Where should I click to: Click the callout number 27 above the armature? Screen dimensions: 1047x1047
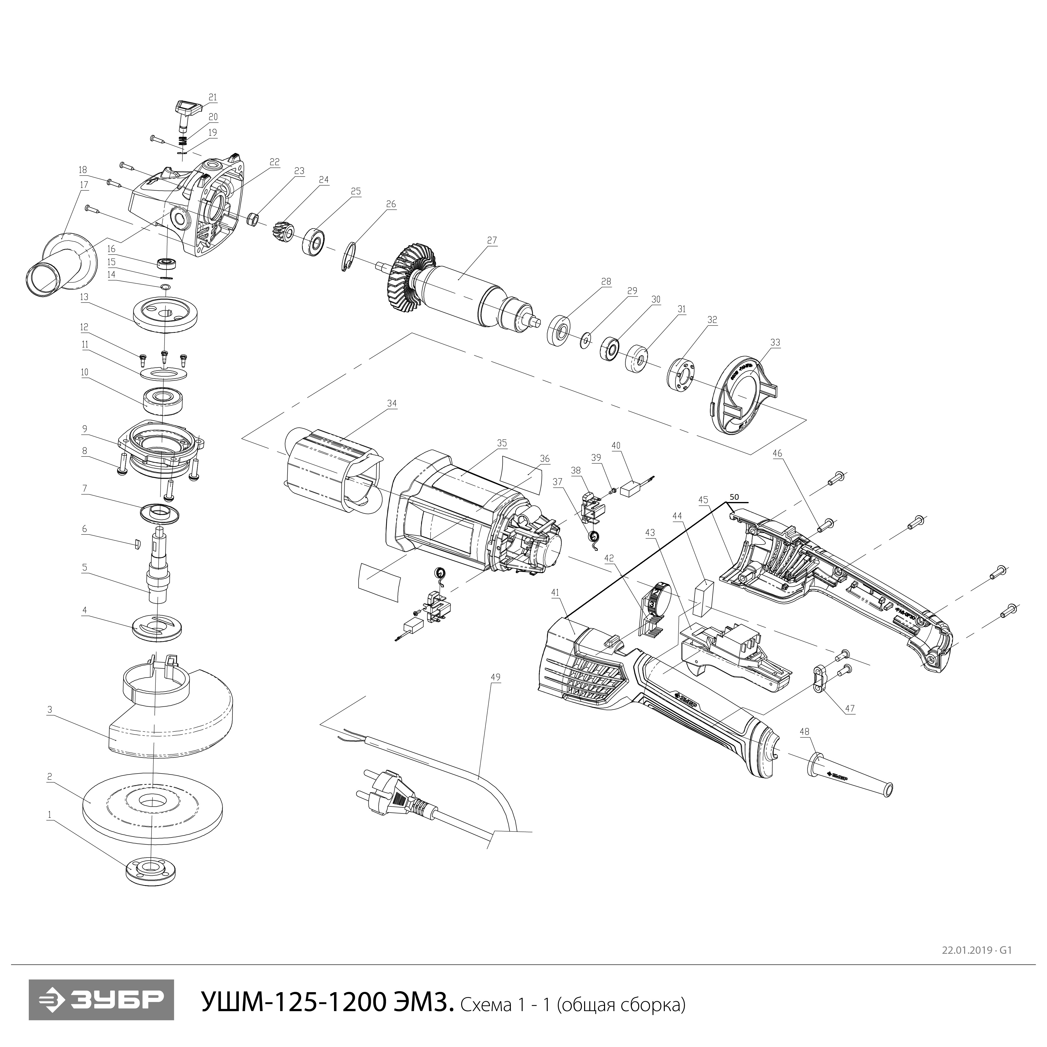tap(491, 240)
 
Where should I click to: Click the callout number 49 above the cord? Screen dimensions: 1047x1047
tap(495, 677)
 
